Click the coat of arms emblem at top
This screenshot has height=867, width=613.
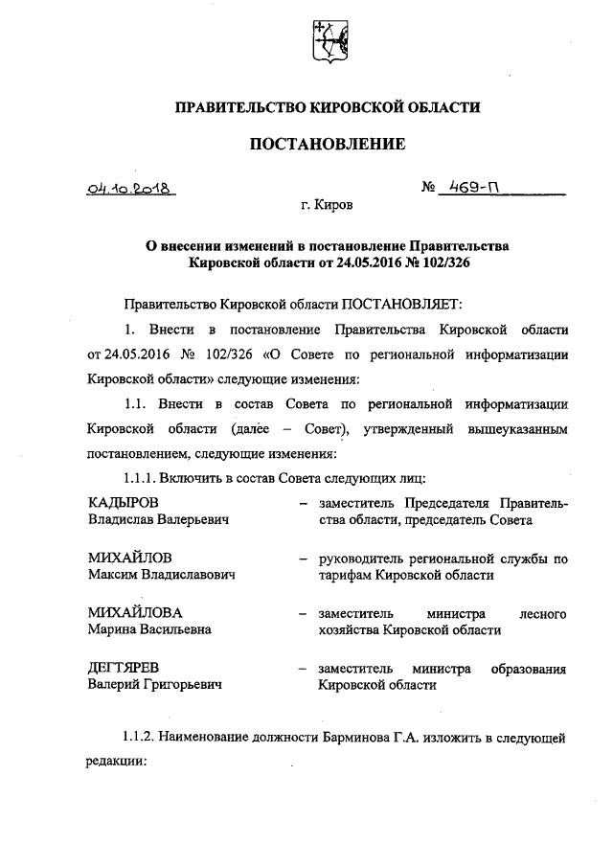[x=327, y=44]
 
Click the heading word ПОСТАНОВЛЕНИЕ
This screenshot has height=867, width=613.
[x=328, y=145]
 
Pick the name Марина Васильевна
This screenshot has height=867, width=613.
[x=149, y=629]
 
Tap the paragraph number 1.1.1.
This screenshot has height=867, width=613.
[x=141, y=476]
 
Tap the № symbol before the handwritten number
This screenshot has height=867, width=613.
[x=428, y=189]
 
